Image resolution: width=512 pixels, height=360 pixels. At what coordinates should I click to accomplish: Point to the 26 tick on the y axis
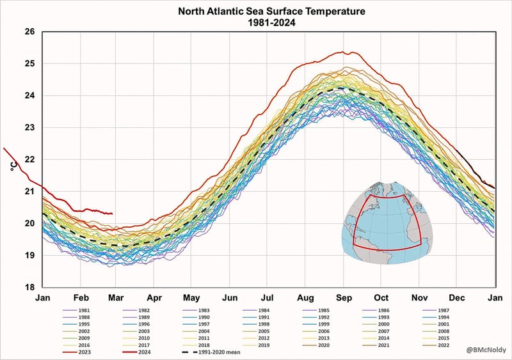(29, 31)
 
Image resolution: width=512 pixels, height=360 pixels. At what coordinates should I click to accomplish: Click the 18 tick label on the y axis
(29, 287)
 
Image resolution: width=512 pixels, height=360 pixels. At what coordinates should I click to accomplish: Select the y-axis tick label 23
(29, 127)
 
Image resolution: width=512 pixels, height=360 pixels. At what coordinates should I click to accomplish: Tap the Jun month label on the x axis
(230, 297)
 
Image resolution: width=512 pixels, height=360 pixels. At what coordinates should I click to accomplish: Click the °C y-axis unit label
(13, 168)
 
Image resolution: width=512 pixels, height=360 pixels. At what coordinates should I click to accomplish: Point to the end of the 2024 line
(112, 214)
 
